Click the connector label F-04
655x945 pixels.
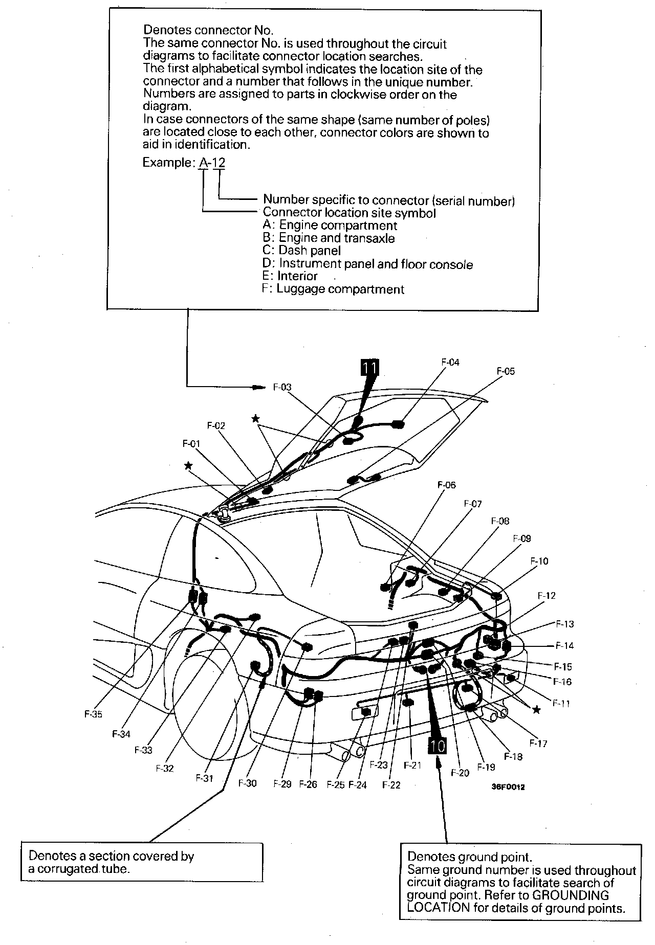click(x=450, y=363)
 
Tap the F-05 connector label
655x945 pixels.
click(x=506, y=371)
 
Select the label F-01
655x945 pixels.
click(x=191, y=444)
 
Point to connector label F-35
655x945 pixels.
click(x=93, y=714)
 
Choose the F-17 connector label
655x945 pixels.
click(x=538, y=744)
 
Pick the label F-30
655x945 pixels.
click(x=247, y=783)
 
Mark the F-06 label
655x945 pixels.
click(x=446, y=485)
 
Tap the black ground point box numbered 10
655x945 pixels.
click(x=439, y=746)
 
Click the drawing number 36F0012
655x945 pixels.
click(x=508, y=787)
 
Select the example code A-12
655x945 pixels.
click(x=212, y=163)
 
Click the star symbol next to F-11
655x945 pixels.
click(x=536, y=710)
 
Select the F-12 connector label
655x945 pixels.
click(x=547, y=596)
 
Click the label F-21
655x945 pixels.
click(x=412, y=765)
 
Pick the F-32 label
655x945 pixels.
click(x=165, y=768)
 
